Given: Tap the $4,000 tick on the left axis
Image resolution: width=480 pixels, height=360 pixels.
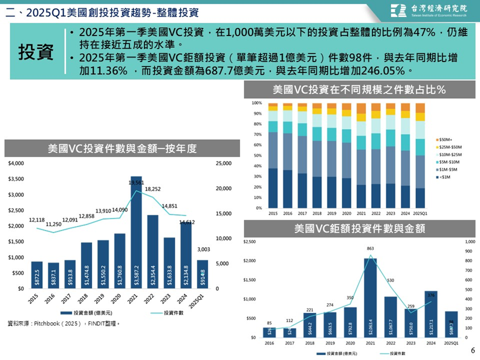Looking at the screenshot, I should point(17,164).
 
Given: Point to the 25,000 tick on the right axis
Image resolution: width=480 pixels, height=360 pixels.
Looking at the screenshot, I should point(223,164).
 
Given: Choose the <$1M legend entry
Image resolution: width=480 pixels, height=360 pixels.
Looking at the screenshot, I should point(444,176).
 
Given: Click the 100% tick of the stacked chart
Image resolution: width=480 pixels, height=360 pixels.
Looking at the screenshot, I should point(256,103).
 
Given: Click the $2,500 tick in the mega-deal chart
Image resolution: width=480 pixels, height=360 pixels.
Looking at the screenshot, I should point(249,242).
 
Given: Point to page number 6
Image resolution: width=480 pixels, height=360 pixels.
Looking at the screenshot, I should point(473,351).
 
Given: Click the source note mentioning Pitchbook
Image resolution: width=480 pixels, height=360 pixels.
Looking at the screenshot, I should point(64,323).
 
